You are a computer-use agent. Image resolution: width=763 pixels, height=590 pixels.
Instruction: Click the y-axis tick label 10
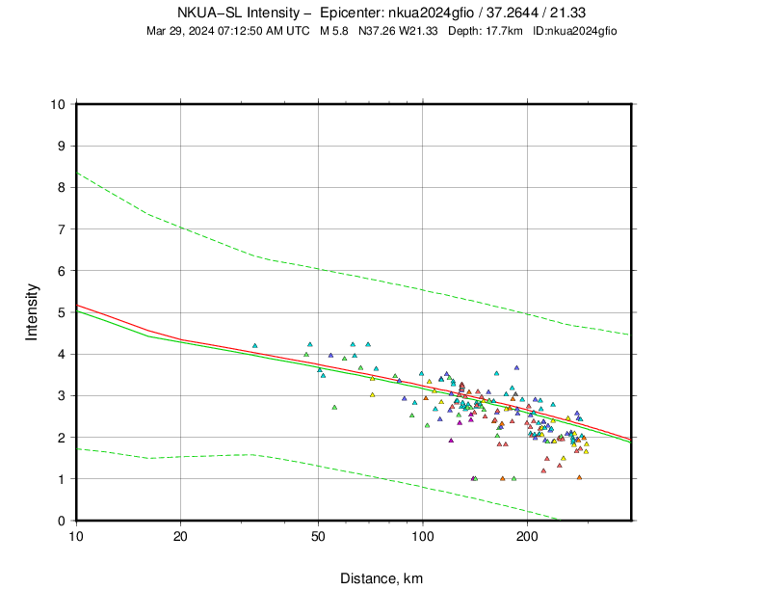(x=58, y=104)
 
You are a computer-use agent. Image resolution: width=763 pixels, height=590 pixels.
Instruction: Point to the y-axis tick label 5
(x=62, y=312)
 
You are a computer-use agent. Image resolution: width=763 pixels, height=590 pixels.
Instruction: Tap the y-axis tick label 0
(x=62, y=521)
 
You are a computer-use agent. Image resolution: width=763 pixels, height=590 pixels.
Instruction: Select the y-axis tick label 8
(x=62, y=187)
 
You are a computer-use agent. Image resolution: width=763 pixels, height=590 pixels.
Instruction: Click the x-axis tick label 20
(x=180, y=536)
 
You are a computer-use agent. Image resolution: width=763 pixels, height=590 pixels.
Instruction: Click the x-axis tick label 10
(x=76, y=536)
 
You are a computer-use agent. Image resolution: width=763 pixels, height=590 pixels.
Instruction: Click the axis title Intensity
(x=32, y=311)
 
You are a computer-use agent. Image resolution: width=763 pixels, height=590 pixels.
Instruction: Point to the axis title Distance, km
(x=381, y=578)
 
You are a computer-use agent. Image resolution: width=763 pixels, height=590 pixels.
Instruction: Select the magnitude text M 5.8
(x=335, y=31)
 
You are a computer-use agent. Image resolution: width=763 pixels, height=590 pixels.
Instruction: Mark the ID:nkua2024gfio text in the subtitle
(x=574, y=31)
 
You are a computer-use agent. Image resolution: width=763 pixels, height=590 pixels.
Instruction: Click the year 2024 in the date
(x=199, y=31)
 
